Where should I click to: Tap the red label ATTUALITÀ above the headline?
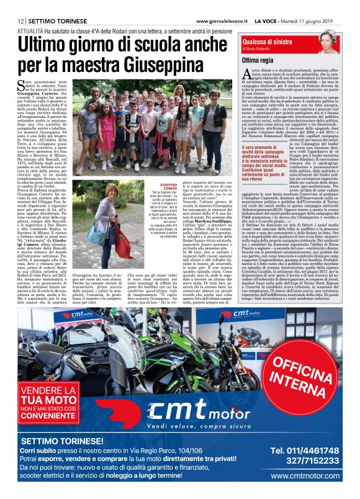click(30, 30)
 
